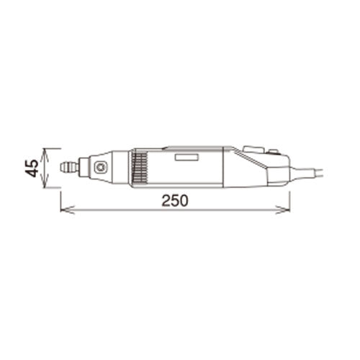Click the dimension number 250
[x=174, y=202]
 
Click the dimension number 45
[x=31, y=168]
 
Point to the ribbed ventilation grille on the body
[x=140, y=169]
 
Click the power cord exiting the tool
[x=310, y=173]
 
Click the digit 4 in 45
[x=31, y=174]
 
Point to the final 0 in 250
[x=184, y=202]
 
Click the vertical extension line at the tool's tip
[x=60, y=194]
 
